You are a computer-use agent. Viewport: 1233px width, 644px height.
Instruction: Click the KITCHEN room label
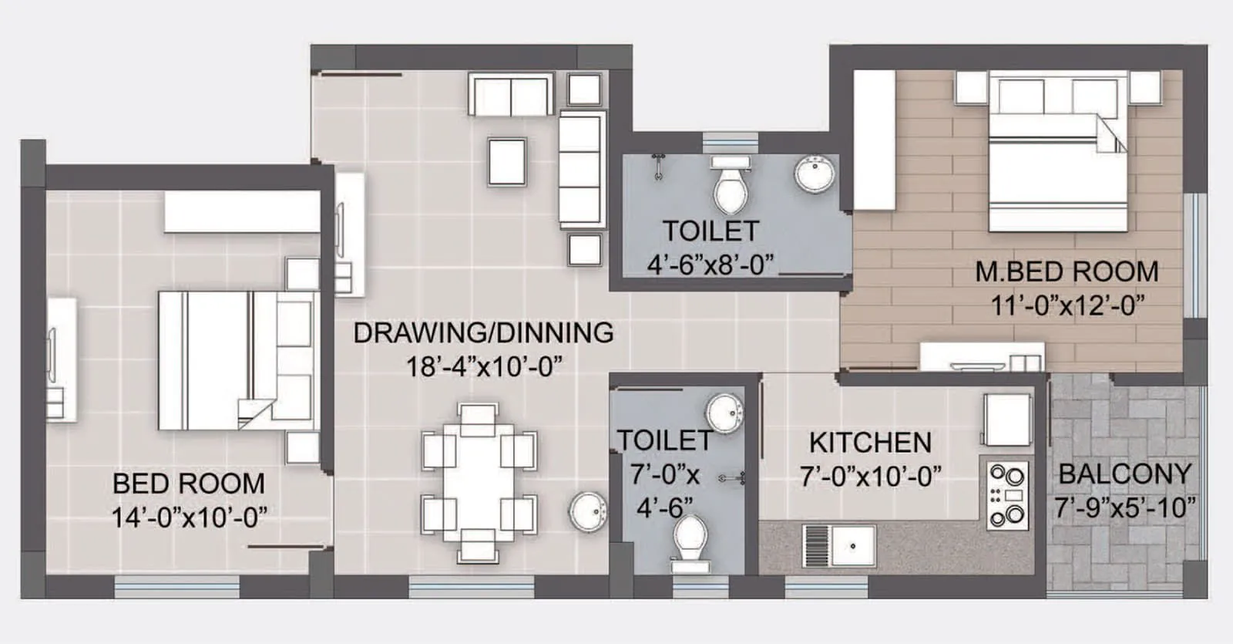pyautogui.click(x=870, y=443)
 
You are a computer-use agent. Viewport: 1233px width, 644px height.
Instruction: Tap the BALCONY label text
pyautogui.click(x=1124, y=474)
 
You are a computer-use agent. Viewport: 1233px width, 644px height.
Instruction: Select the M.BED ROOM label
pyautogui.click(x=1067, y=271)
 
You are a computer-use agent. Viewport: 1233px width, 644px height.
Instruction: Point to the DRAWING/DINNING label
pyautogui.click(x=483, y=332)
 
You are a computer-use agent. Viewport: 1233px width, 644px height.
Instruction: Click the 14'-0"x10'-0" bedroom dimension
pyautogui.click(x=189, y=517)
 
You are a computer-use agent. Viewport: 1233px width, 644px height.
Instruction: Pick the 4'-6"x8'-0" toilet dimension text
pyautogui.click(x=710, y=265)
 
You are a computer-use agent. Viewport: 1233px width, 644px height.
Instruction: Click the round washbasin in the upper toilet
pyautogui.click(x=815, y=175)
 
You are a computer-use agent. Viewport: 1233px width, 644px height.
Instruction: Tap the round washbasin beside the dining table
pyautogui.click(x=589, y=511)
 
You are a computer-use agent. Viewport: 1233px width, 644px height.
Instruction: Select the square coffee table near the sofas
pyautogui.click(x=507, y=162)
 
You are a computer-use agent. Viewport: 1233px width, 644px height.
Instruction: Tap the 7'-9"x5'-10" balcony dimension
pyautogui.click(x=1125, y=507)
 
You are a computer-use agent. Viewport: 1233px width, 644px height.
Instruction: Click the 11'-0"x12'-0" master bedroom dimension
pyautogui.click(x=1067, y=305)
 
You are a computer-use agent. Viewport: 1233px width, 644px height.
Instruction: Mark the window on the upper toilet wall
pyautogui.click(x=730, y=143)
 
